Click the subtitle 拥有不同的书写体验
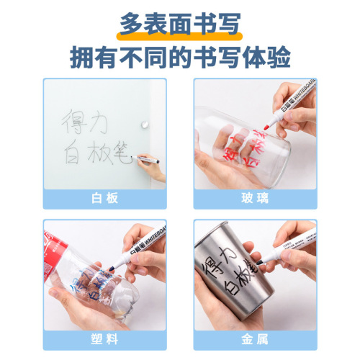coord(180,56)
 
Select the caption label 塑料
coord(104,338)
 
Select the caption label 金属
coord(255,338)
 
